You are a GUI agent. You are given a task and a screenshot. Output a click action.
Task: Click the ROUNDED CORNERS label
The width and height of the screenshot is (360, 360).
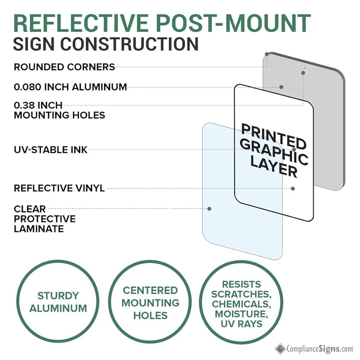[x=64, y=67]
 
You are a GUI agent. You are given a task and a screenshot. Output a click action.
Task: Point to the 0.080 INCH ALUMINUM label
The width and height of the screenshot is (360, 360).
[x=70, y=87]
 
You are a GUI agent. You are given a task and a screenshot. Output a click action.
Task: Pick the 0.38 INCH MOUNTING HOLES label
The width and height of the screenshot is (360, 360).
[x=59, y=110]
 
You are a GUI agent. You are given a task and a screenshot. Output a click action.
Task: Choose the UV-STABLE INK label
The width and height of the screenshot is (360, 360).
[x=51, y=150]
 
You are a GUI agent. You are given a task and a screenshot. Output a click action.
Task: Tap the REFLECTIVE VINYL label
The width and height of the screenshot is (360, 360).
[x=59, y=188]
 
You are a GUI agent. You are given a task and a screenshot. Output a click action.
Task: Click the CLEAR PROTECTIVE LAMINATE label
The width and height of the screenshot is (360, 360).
[x=44, y=219]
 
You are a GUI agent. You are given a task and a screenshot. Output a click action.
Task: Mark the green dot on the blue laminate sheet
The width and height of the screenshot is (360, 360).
[x=209, y=209]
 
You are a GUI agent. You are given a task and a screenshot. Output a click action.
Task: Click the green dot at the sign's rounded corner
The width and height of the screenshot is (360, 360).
[x=267, y=54]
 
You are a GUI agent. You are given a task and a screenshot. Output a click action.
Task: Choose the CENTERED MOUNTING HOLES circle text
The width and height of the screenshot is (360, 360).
[x=150, y=302]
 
